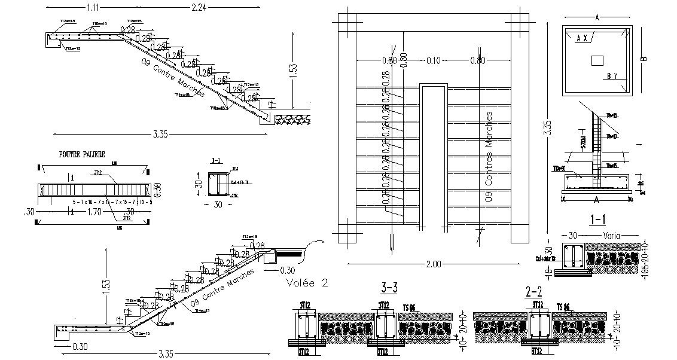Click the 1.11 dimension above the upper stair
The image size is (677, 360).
click(x=92, y=7)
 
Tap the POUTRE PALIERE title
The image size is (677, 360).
click(x=82, y=154)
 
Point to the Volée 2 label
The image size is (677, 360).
click(x=307, y=282)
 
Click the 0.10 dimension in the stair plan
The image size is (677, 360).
click(x=434, y=60)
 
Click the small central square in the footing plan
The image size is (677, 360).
click(x=597, y=60)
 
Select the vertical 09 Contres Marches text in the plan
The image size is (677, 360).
click(x=489, y=155)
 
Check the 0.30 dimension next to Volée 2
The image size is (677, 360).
click(x=287, y=269)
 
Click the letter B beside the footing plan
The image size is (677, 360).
click(x=644, y=59)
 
